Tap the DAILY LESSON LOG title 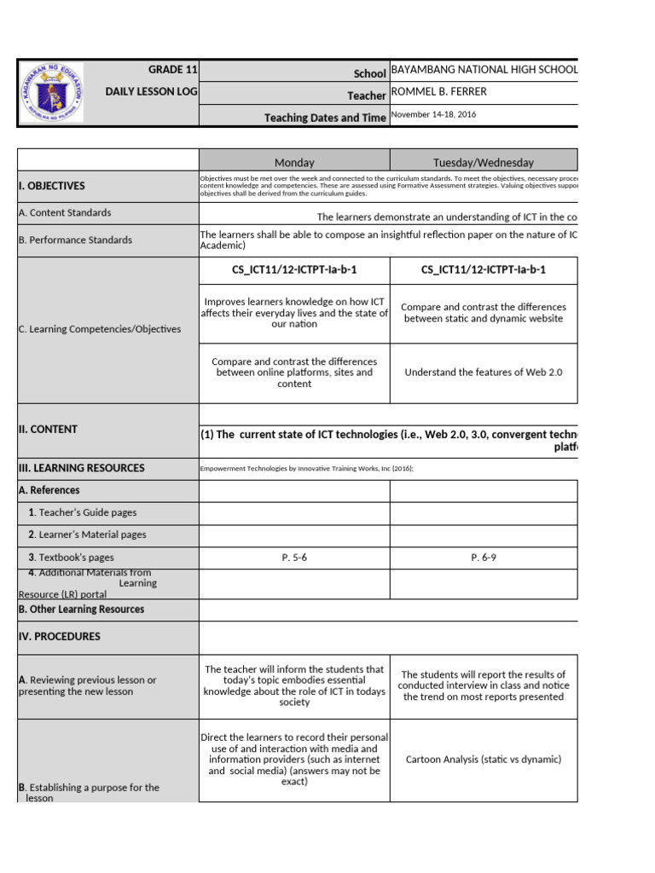point(151,91)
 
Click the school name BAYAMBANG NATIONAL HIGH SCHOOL point(484,69)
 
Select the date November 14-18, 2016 point(433,115)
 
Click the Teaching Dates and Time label point(325,118)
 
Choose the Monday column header point(294,162)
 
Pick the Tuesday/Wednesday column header point(484,162)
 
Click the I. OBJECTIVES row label point(51,186)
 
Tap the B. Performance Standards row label point(75,240)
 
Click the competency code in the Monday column point(294,270)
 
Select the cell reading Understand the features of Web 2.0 point(484,373)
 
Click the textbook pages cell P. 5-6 point(294,558)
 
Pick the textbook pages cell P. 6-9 point(484,558)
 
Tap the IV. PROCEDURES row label point(59,637)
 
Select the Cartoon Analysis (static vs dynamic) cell point(484,760)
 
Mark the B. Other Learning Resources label point(81,610)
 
